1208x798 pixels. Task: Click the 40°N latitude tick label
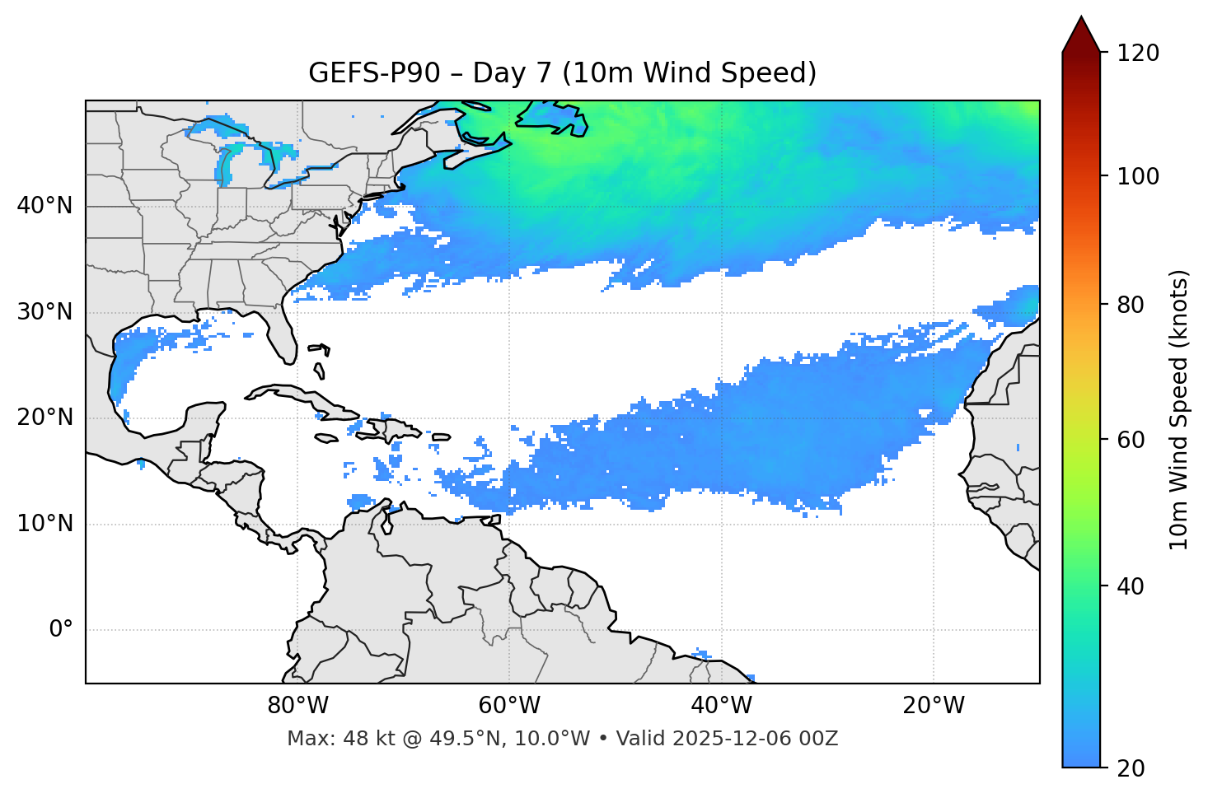tap(44, 206)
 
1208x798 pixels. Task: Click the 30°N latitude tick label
tap(44, 312)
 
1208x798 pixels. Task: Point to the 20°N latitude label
tap(44, 418)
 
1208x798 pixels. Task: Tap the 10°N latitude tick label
tap(44, 524)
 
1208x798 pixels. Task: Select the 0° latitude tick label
tap(61, 630)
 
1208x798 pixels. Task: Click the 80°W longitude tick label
tap(297, 706)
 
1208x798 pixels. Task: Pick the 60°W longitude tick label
tap(509, 706)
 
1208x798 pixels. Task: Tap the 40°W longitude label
tap(722, 706)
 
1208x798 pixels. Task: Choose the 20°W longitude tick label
tap(934, 706)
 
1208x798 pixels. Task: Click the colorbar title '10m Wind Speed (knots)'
tap(1179, 409)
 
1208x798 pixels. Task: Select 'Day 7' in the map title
tap(512, 73)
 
